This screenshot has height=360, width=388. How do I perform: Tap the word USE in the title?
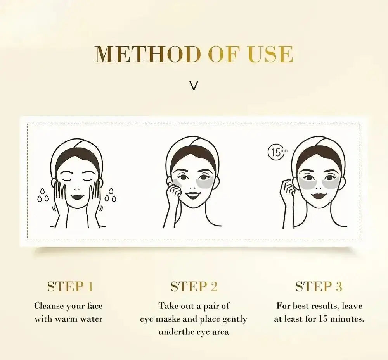pyautogui.click(x=270, y=54)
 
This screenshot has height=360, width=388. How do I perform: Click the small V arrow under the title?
pyautogui.click(x=194, y=85)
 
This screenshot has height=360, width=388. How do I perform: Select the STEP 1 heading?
pyautogui.click(x=70, y=287)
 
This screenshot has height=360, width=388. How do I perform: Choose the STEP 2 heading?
pyautogui.click(x=194, y=287)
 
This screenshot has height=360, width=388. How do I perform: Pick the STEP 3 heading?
pyautogui.click(x=319, y=287)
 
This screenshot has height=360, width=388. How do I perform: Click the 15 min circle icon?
pyautogui.click(x=276, y=152)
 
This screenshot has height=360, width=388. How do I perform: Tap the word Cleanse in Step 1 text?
pyautogui.click(x=48, y=306)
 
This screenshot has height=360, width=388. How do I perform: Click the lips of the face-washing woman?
pyautogui.click(x=79, y=196)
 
